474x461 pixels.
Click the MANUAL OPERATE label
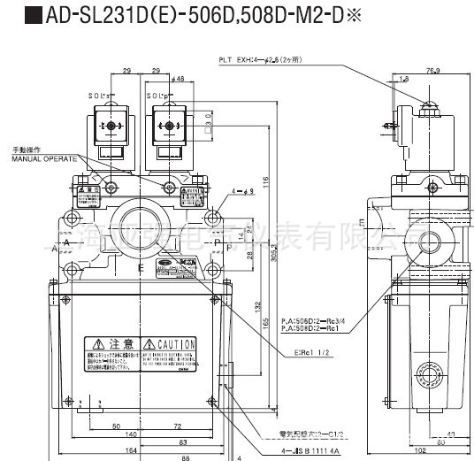click(x=39, y=158)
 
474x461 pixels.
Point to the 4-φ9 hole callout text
click(x=245, y=190)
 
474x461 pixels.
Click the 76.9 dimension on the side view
click(x=433, y=70)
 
